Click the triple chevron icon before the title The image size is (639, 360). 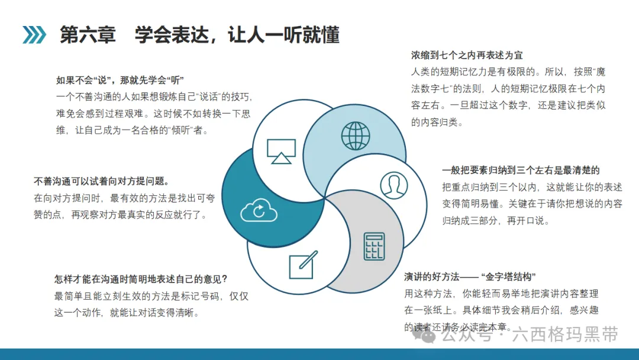(34, 35)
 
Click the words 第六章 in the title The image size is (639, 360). (88, 35)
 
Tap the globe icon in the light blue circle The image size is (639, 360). (356, 136)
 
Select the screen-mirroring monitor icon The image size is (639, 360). (281, 151)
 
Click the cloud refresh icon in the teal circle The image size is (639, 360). (259, 210)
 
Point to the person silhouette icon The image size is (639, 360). (393, 185)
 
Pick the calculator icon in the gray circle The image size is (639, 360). (374, 246)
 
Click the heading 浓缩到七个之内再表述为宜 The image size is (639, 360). (467, 55)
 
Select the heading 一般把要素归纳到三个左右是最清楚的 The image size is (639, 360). (521, 171)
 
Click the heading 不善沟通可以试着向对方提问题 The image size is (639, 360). (101, 181)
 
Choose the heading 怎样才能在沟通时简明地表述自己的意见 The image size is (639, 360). (141, 279)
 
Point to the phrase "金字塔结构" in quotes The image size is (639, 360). (508, 277)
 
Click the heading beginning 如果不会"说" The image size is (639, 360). (120, 80)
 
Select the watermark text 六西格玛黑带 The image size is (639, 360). (565, 335)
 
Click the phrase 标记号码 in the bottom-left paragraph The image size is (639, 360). (201, 297)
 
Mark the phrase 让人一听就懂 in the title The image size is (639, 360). (283, 35)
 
